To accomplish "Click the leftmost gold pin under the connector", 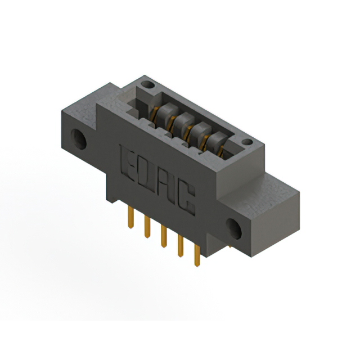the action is click(x=130, y=217).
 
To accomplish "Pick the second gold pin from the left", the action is click(x=147, y=227).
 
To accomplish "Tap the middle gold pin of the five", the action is click(x=164, y=236).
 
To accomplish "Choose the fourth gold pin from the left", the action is click(x=181, y=246).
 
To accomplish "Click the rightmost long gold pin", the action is click(x=197, y=255).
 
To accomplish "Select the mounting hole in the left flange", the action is click(x=79, y=139).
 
